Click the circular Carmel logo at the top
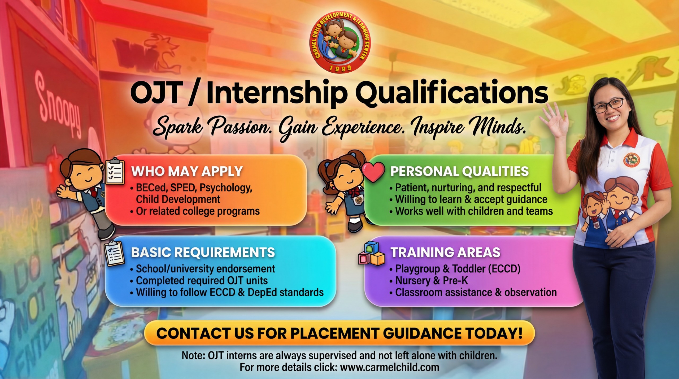point(340,42)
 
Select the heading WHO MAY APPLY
point(187,171)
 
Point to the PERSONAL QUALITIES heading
point(459,171)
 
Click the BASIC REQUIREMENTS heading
point(203,252)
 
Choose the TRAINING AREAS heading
point(446,252)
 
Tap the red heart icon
point(373,172)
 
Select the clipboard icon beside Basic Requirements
point(114,253)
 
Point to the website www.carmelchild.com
point(390,367)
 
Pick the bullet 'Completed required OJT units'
point(202,280)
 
